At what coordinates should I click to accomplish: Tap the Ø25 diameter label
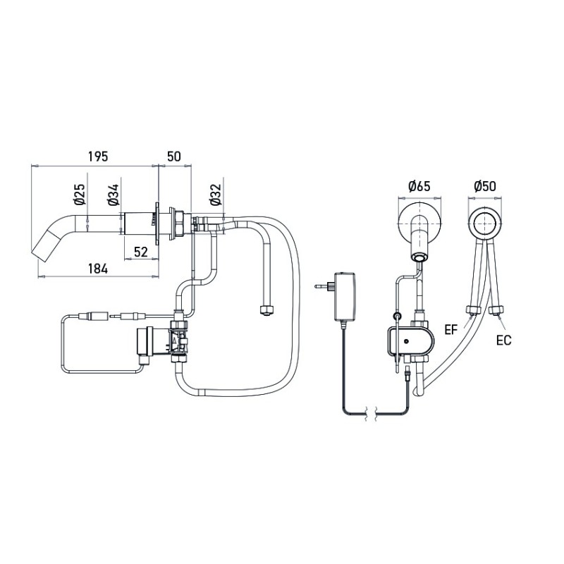(80, 195)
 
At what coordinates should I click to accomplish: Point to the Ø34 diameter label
(113, 195)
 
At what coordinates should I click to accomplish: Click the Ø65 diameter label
(419, 187)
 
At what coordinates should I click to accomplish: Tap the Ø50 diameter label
(485, 187)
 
